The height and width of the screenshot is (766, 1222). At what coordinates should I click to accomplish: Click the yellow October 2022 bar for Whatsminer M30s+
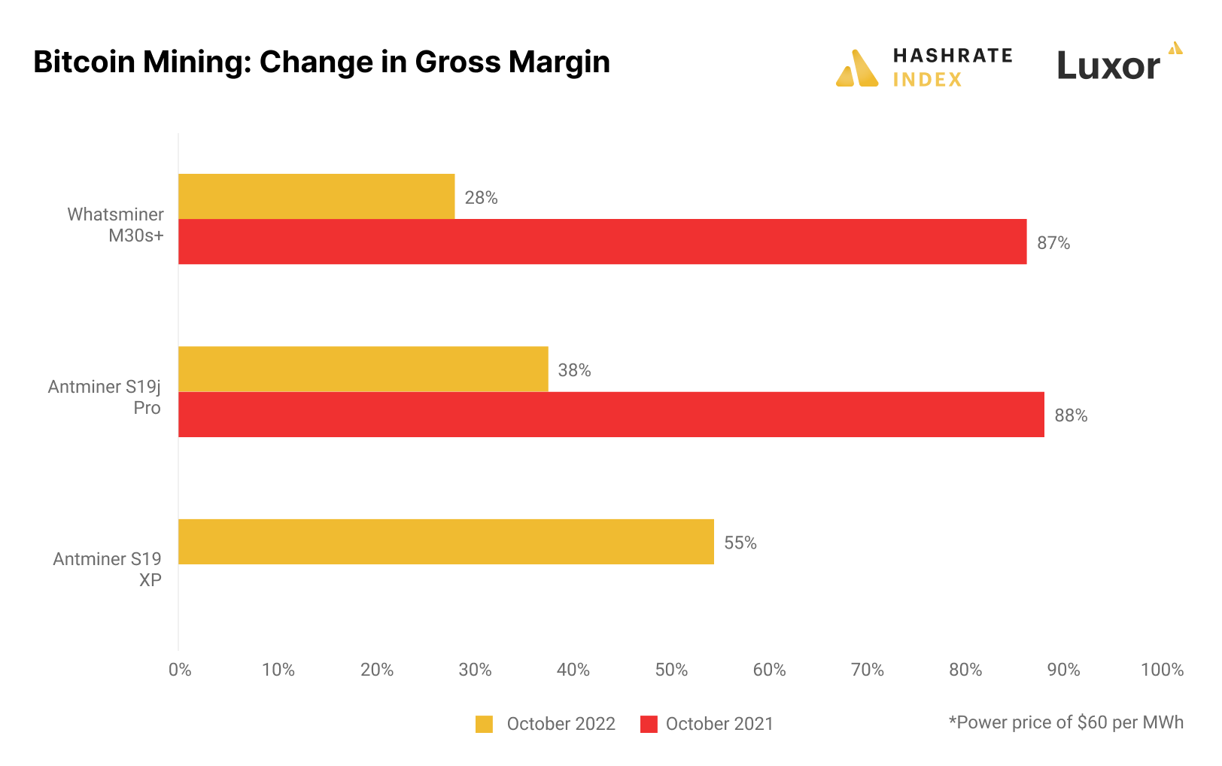316,196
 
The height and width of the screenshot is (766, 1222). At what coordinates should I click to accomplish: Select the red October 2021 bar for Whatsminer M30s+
602,242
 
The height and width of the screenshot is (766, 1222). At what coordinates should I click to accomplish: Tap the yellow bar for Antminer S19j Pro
363,369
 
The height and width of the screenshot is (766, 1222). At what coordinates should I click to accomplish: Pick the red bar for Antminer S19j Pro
611,415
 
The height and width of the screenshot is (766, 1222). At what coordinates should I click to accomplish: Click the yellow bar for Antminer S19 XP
445,542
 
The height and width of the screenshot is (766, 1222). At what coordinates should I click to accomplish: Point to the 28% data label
481,198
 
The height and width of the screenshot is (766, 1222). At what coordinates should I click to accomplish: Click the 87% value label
1053,243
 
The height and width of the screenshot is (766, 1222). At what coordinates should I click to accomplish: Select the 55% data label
740,543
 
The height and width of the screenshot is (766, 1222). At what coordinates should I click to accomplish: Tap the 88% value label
1071,415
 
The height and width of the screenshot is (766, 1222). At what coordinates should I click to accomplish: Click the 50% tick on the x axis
671,670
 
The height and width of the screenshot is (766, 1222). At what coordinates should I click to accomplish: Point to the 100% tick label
1162,670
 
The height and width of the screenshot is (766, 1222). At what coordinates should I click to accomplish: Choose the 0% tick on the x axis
180,670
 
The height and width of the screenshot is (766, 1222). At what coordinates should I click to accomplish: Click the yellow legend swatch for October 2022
484,724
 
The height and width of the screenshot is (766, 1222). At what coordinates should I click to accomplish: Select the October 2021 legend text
719,724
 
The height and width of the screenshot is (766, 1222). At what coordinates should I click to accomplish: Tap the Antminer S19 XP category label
108,570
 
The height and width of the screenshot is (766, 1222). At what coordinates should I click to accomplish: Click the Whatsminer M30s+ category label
116,225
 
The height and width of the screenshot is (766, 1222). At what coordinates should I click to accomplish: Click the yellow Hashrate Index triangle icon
857,69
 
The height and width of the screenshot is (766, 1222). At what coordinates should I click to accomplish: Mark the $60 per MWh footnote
1065,722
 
